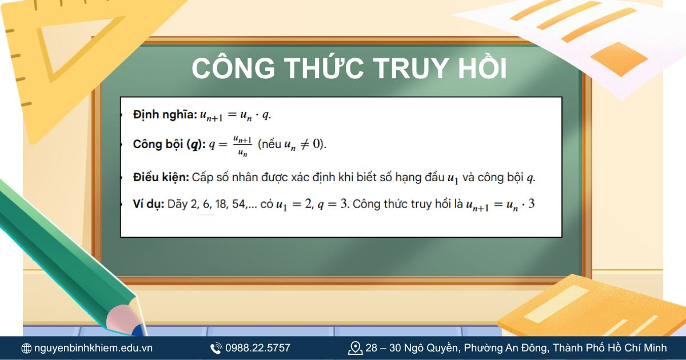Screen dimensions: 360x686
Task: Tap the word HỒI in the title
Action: tap(484, 68)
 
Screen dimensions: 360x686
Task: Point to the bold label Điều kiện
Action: tap(161, 177)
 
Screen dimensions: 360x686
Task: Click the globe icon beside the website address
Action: tap(26, 348)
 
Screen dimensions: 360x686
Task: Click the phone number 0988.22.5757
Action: tap(258, 347)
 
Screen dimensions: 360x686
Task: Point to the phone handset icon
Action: tap(216, 348)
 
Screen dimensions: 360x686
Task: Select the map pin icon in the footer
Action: tap(355, 347)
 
